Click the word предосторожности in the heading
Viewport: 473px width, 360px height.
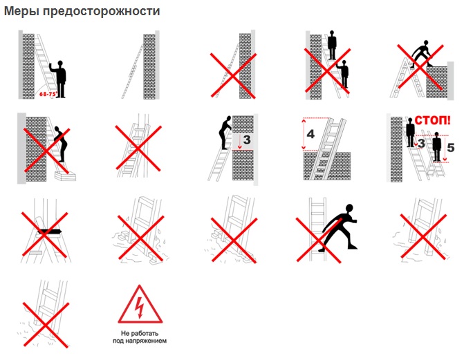tap(102, 12)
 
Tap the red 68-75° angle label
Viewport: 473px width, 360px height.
tap(48, 94)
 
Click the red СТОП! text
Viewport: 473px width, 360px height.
tap(433, 120)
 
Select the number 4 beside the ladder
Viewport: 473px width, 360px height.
tap(310, 133)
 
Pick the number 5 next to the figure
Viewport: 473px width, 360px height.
tap(451, 148)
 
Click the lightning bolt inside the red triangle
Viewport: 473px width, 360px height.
tap(140, 307)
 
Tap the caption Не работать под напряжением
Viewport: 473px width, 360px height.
tap(140, 337)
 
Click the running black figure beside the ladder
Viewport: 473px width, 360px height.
tap(338, 227)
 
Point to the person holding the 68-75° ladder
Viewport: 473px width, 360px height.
tap(59, 79)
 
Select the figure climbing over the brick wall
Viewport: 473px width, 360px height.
tap(421, 54)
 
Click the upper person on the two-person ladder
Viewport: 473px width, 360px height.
tap(332, 45)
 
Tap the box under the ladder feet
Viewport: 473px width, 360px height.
tap(65, 176)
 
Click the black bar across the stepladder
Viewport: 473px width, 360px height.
tap(50, 232)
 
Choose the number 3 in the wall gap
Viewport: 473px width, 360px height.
tap(247, 140)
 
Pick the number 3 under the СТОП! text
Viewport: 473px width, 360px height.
tap(421, 143)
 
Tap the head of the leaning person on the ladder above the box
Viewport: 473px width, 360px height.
tap(57, 129)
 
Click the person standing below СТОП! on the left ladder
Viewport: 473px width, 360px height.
tap(410, 132)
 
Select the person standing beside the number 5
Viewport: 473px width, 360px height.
tap(437, 147)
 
